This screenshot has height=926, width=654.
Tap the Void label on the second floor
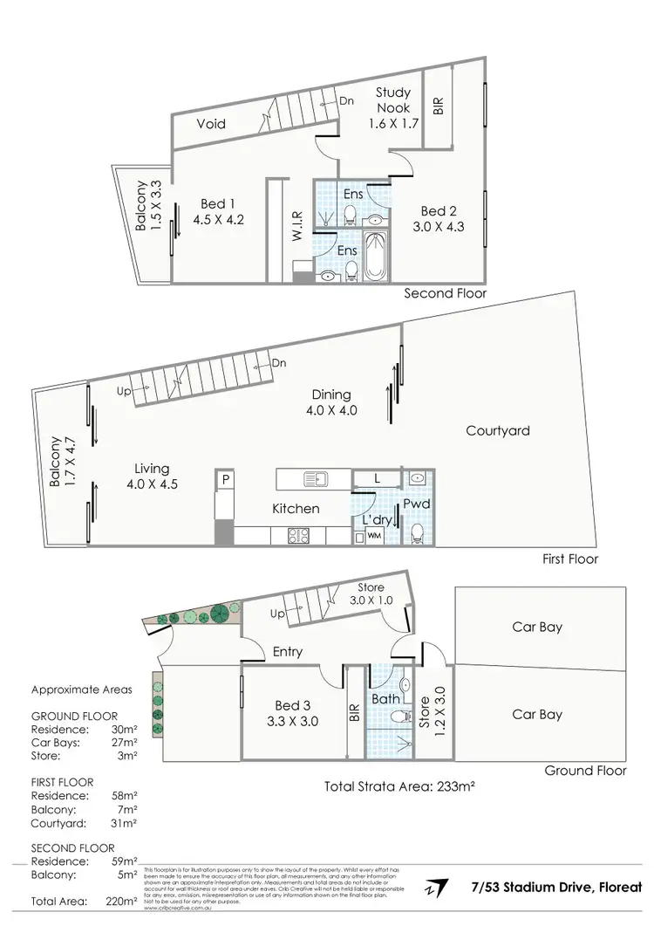210,124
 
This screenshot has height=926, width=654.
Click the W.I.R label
297,226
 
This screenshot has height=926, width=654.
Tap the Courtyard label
498,430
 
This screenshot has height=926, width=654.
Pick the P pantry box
225,479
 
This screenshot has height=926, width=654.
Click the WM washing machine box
374,535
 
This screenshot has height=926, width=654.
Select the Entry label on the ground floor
288,650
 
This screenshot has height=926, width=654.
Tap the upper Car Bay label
536,626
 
